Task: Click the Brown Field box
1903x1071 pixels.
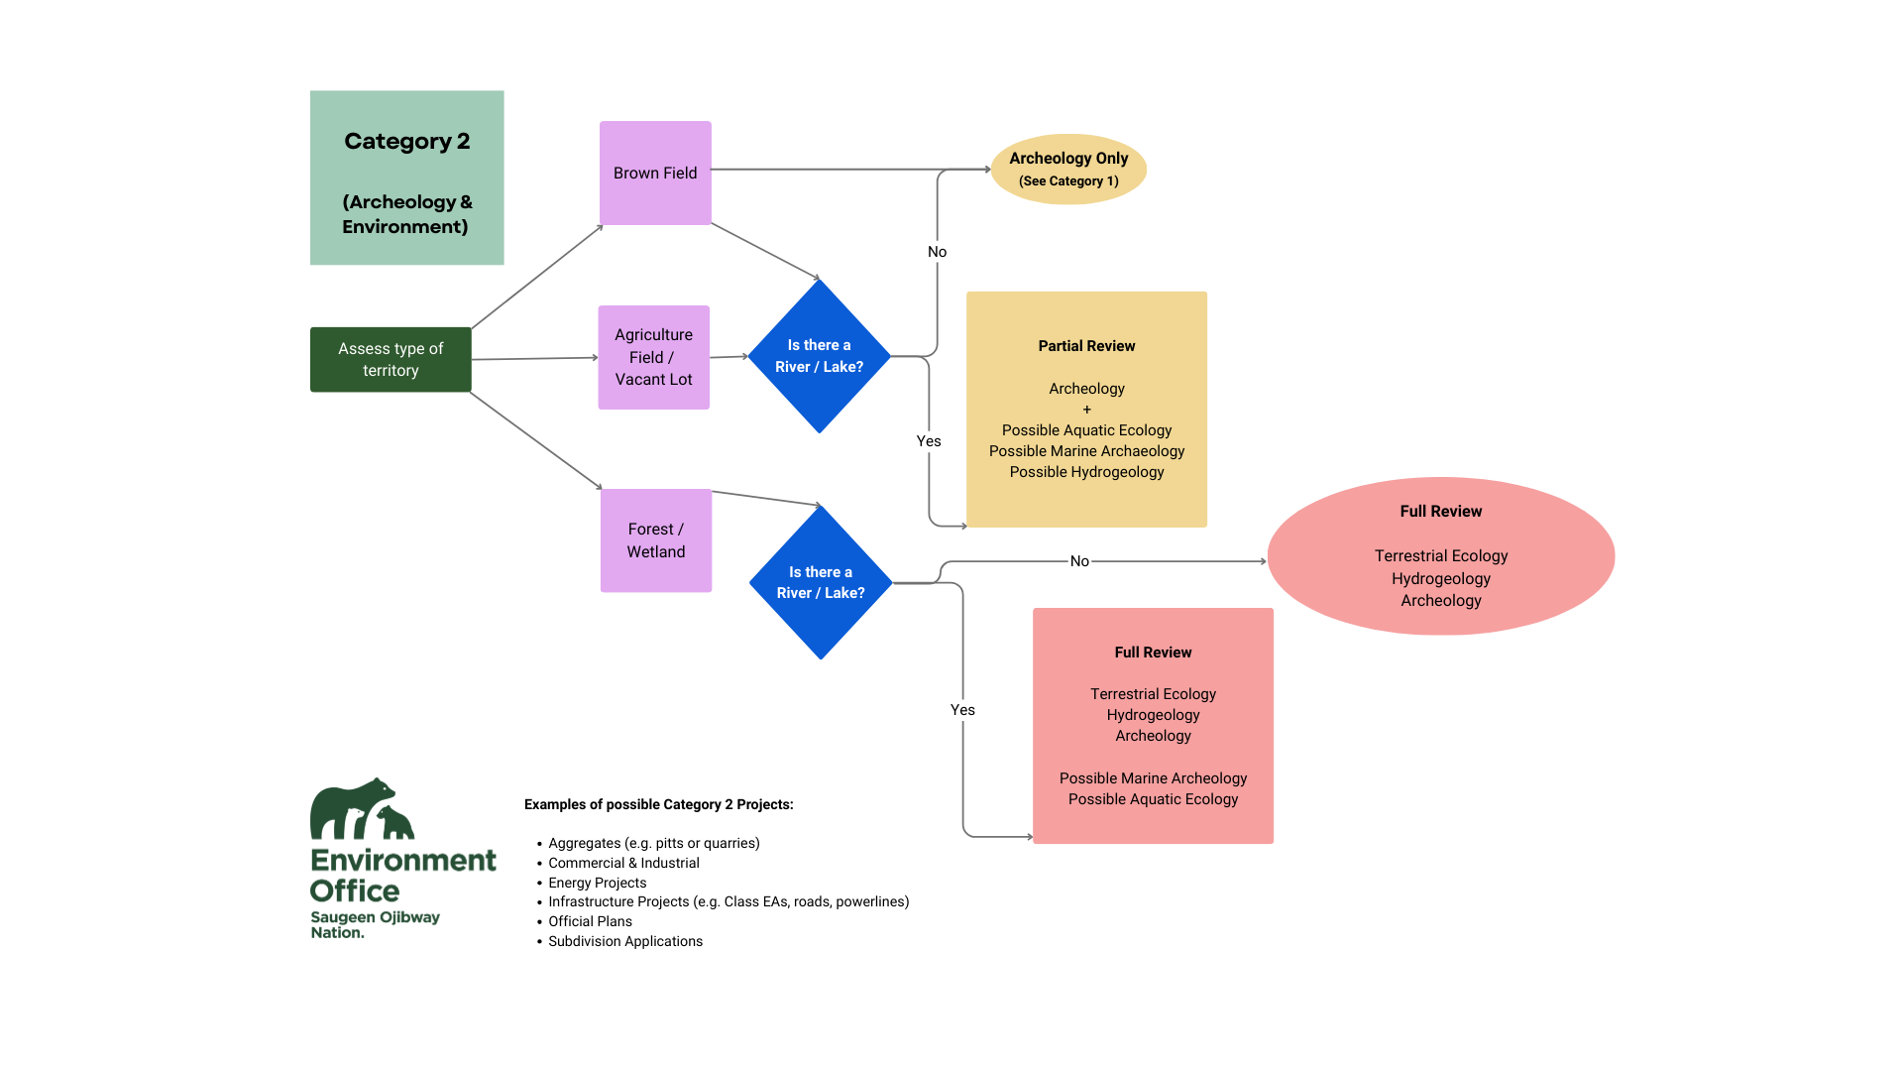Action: coord(655,173)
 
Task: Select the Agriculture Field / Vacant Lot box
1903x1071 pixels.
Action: coord(653,357)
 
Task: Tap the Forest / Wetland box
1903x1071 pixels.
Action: coord(655,540)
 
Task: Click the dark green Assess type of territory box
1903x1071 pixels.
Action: coord(391,359)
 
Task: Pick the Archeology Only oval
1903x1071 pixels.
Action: coord(1068,169)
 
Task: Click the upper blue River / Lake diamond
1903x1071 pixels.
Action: coord(819,356)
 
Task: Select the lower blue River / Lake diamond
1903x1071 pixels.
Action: coord(821,582)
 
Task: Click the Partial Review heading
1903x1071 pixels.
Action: coord(1086,346)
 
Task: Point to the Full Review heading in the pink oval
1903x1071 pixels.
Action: coord(1440,512)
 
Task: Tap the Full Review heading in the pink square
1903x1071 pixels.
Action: coord(1153,653)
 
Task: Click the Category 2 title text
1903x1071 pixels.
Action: coord(406,141)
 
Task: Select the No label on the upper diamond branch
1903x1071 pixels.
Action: coord(937,252)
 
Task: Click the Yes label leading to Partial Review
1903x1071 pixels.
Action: coord(929,441)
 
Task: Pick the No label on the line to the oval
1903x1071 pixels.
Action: coord(1079,561)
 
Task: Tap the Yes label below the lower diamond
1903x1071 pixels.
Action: coord(962,710)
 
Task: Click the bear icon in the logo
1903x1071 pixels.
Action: coord(359,808)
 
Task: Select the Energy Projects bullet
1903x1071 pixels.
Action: coord(597,883)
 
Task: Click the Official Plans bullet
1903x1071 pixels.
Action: coord(590,921)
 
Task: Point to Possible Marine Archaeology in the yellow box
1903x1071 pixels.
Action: coord(1086,451)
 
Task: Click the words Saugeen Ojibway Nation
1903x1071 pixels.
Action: coord(374,924)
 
